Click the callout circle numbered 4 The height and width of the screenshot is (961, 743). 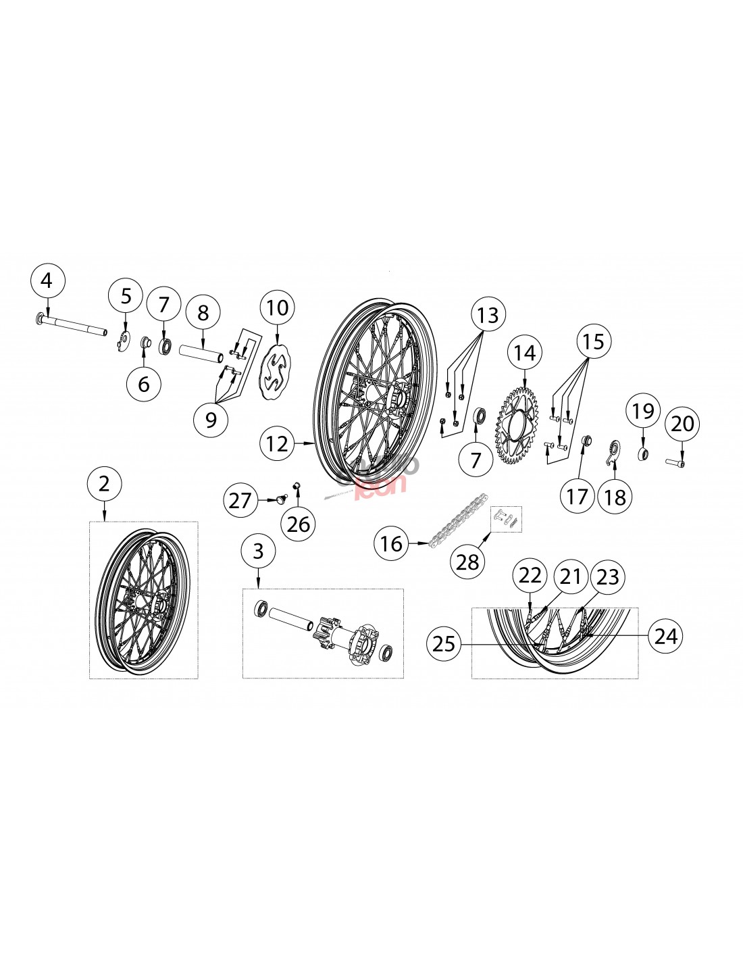coord(46,280)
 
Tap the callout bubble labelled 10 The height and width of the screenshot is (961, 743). coord(277,308)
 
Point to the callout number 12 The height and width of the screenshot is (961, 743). coord(278,444)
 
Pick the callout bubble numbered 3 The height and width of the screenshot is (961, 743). coord(258,551)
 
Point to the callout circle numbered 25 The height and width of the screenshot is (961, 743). coord(444,644)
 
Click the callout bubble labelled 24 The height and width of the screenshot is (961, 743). coord(666,635)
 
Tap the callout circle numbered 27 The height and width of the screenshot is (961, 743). coord(240,500)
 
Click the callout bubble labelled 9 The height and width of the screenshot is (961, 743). coord(211,420)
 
